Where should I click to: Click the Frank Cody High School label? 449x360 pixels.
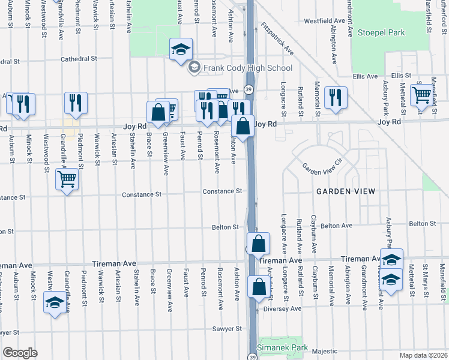247,68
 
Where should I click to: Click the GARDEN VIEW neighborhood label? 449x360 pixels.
346,191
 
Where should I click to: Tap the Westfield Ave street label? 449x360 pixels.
324,20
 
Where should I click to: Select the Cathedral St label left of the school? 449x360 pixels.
79,59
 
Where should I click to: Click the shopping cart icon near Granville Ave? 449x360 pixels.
67,178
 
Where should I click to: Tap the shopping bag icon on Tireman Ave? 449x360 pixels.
258,244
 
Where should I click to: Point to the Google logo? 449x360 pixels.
20,353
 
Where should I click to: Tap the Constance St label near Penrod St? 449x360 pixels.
222,191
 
